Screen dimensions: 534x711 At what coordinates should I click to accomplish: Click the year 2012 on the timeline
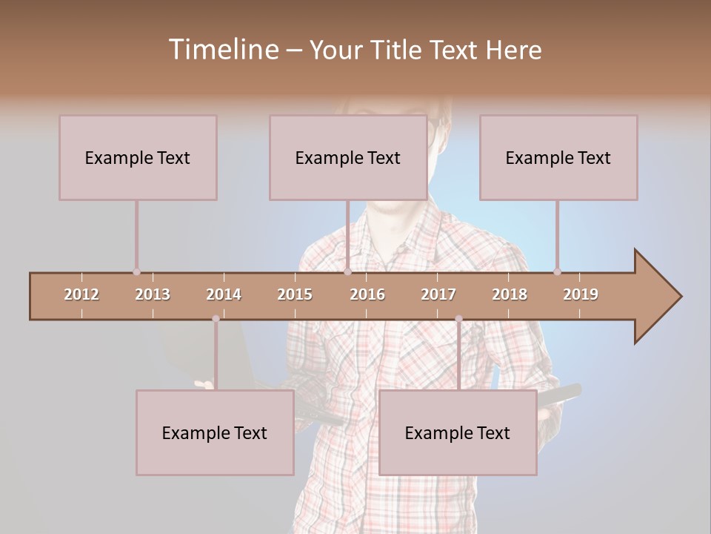(81, 294)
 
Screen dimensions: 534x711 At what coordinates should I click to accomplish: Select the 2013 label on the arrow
(153, 294)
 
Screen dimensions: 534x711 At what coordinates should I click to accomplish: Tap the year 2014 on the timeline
(224, 294)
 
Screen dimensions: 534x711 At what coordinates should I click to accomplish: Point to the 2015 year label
(295, 294)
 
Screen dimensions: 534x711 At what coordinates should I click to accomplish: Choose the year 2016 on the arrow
(367, 294)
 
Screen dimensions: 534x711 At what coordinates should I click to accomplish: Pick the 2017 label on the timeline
(438, 294)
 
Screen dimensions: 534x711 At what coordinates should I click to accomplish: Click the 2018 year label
(510, 294)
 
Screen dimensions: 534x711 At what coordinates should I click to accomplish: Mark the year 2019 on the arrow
(581, 294)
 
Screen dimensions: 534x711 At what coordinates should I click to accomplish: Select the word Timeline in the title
(221, 50)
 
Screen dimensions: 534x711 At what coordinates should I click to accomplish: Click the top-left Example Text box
(138, 157)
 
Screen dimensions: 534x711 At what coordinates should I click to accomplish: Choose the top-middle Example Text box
(348, 157)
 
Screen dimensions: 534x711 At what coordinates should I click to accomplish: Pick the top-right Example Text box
(558, 157)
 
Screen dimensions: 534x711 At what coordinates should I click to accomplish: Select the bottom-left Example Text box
(215, 432)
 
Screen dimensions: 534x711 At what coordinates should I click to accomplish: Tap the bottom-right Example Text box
(458, 432)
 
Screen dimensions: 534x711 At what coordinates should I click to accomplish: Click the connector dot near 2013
(136, 271)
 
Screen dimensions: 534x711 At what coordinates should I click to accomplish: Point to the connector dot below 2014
(216, 319)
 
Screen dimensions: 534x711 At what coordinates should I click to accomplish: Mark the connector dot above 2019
(557, 271)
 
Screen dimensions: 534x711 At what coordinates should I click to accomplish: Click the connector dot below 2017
(458, 319)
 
